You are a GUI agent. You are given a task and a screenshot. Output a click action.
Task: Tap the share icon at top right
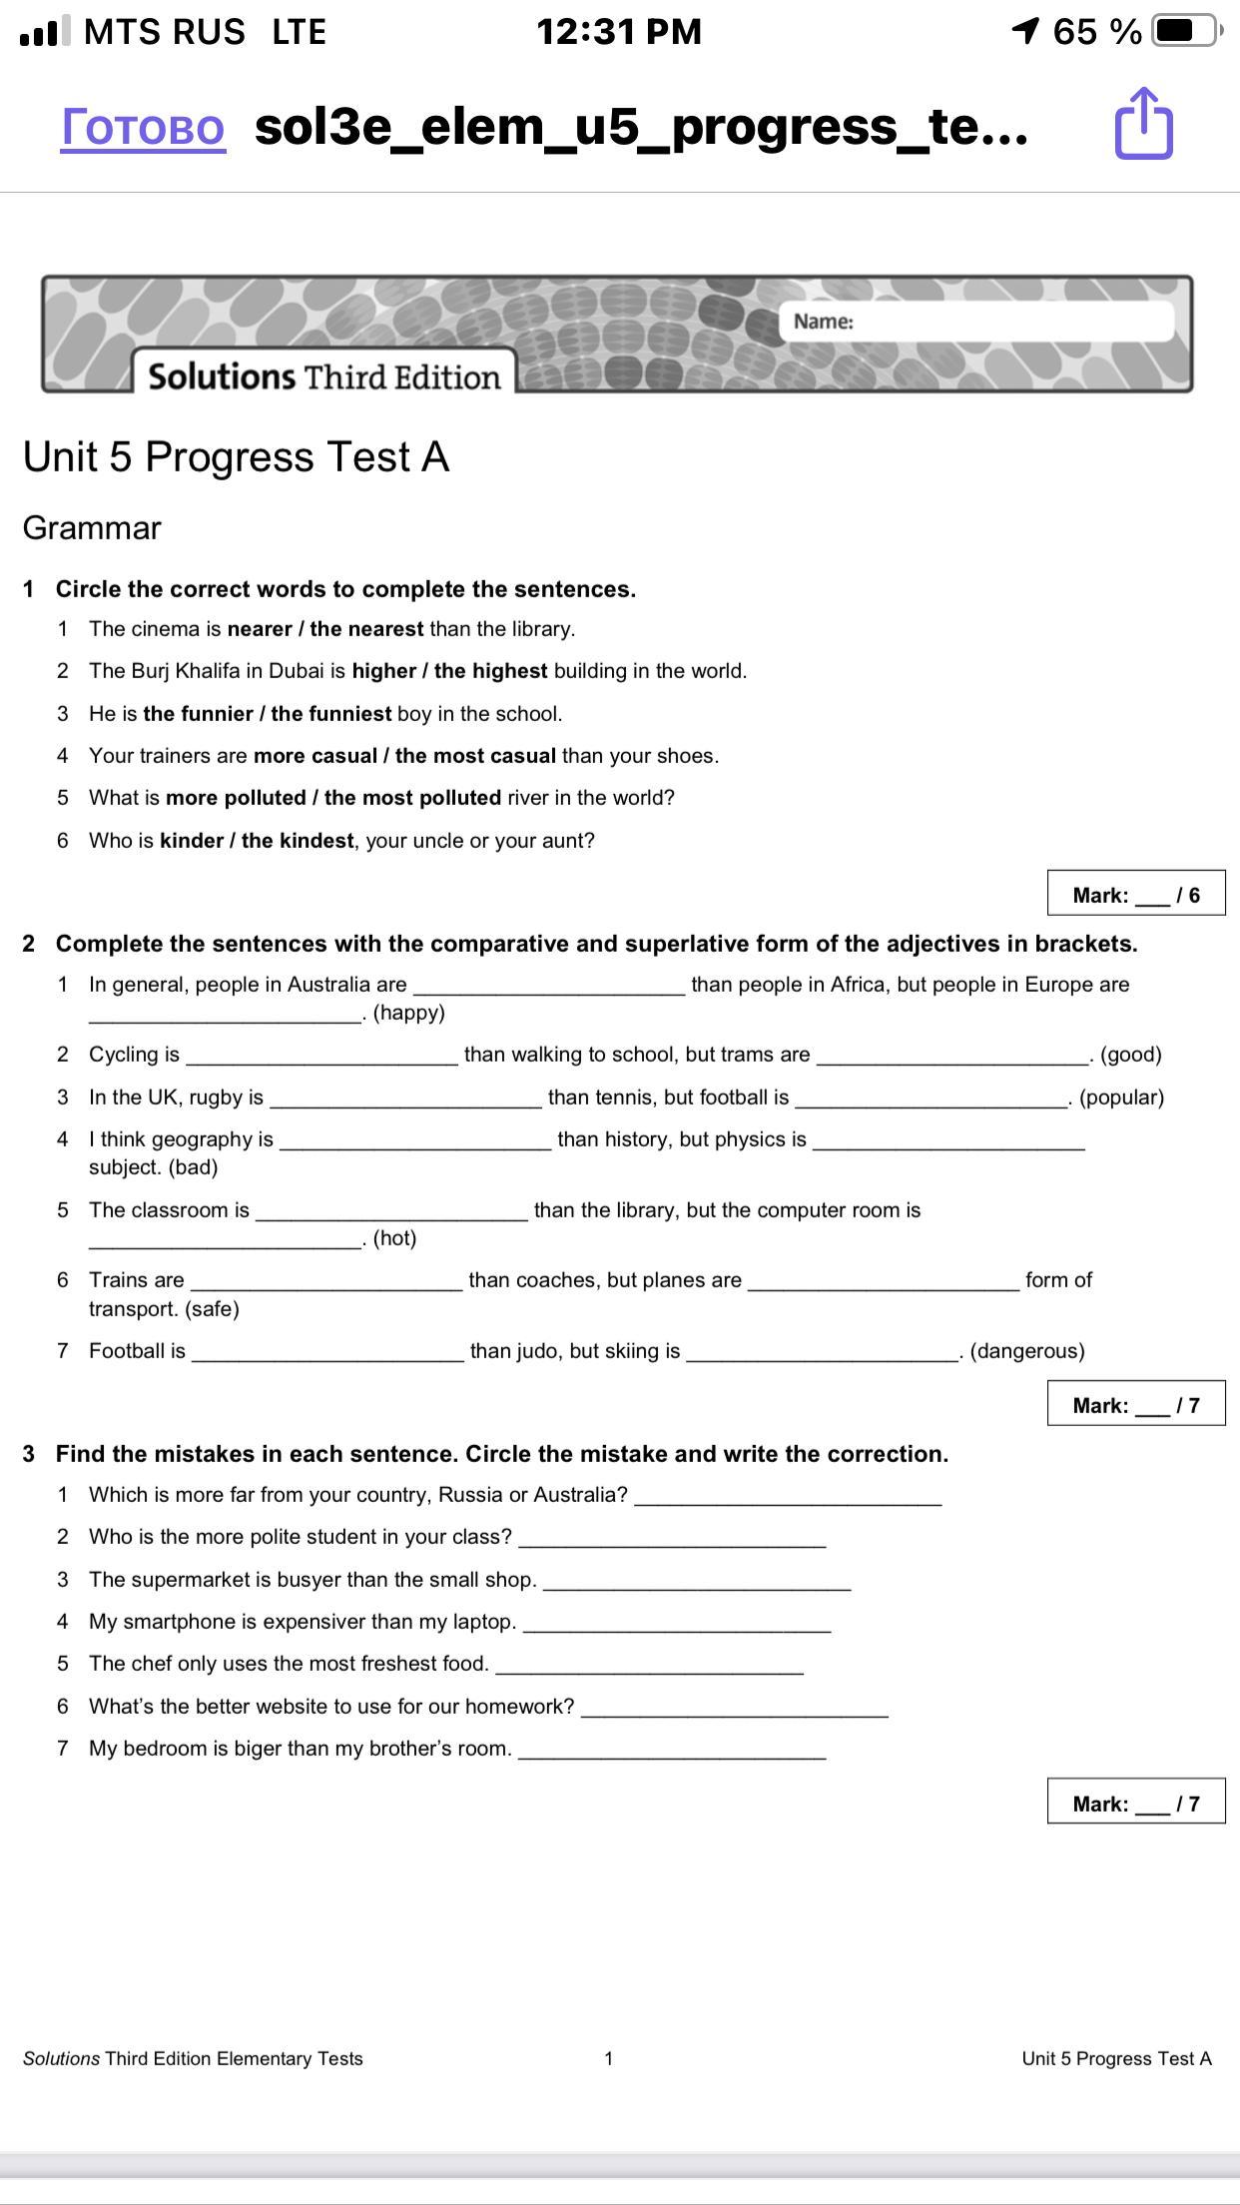(x=1143, y=124)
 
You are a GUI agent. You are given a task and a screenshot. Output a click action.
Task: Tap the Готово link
(x=143, y=128)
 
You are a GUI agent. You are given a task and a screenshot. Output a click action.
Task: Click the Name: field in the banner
(x=975, y=322)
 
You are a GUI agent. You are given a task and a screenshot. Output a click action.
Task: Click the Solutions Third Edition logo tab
(x=323, y=376)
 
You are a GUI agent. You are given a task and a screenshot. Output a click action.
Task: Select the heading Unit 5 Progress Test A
(x=236, y=457)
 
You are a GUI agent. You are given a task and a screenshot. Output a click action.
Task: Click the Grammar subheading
(x=92, y=528)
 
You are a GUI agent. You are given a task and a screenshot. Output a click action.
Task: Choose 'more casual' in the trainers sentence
(x=314, y=756)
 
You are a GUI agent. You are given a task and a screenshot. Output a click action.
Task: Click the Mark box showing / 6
(x=1136, y=894)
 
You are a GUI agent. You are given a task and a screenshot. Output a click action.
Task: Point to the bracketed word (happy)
(x=408, y=1014)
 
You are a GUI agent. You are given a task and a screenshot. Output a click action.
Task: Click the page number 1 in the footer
(x=608, y=2058)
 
